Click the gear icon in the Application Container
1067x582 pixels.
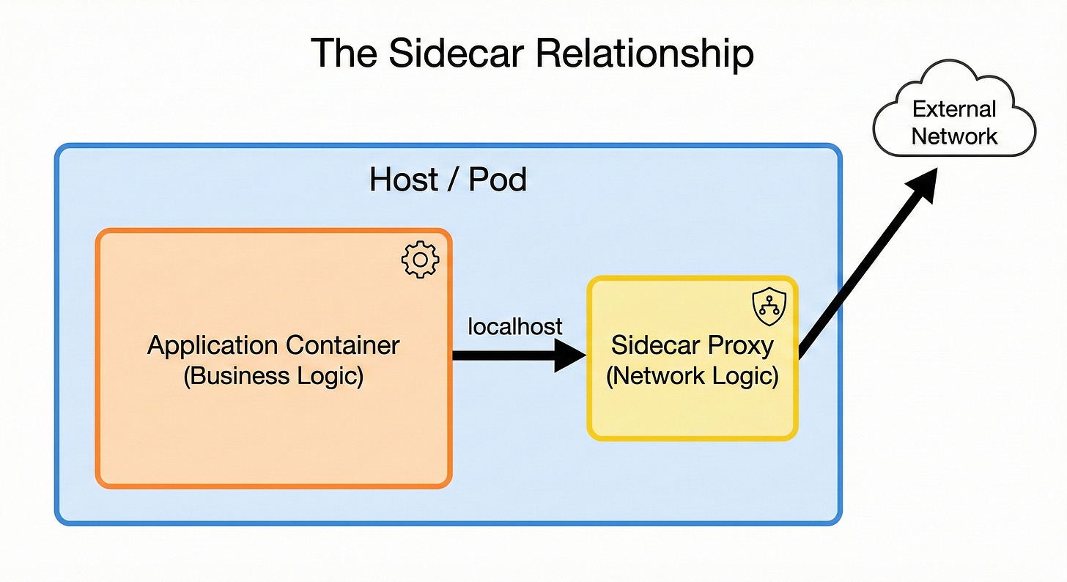[x=420, y=259]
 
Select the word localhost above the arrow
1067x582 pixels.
[x=515, y=325]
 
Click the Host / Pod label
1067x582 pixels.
[x=448, y=179]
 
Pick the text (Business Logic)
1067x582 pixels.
[x=274, y=376]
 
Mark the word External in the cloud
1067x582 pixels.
[x=954, y=110]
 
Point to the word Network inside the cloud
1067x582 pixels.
[x=954, y=136]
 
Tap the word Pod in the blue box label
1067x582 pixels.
[x=498, y=179]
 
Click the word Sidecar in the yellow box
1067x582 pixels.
[x=654, y=345]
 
